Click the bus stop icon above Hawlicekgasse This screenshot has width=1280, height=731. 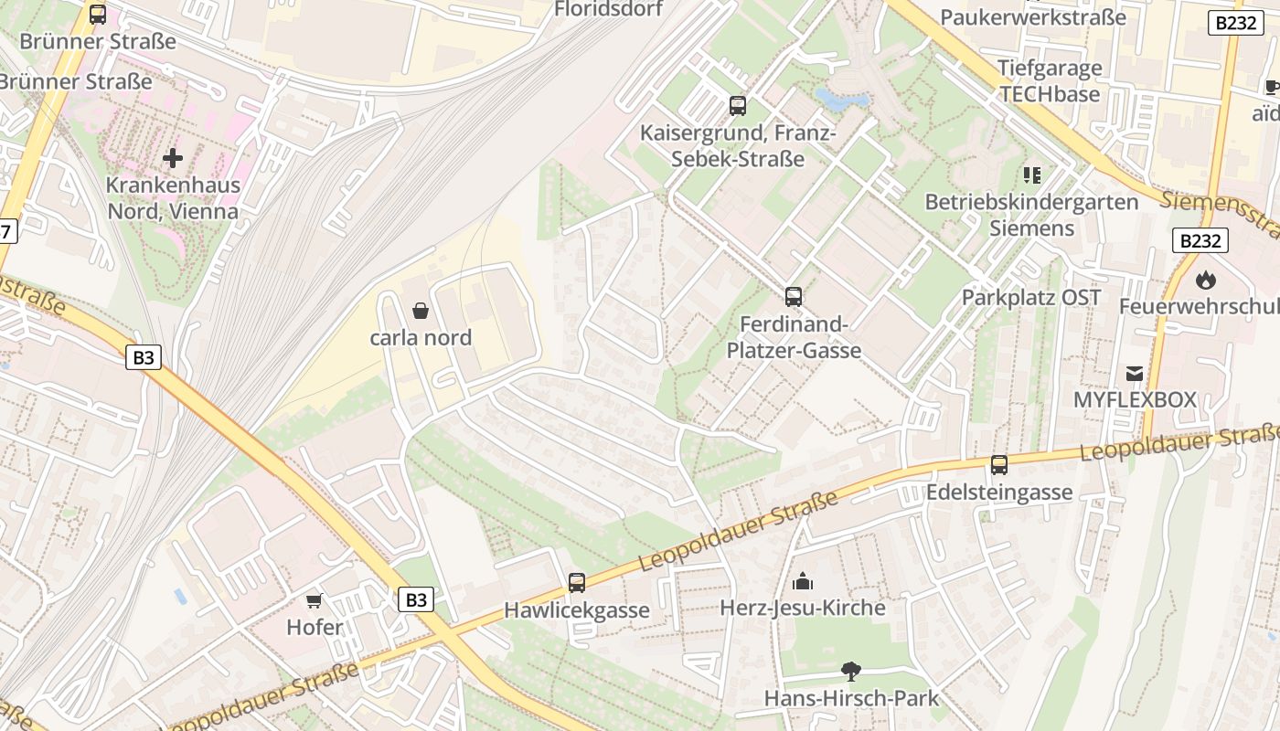coord(576,583)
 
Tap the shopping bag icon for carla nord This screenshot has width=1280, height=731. coord(421,311)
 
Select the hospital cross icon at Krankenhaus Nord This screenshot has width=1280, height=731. coord(172,158)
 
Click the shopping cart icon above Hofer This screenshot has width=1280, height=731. coord(315,600)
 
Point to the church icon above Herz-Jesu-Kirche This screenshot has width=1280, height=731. coord(803,581)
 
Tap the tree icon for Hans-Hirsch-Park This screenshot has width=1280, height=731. coord(851,672)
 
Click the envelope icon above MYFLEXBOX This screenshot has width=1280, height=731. coord(1135,373)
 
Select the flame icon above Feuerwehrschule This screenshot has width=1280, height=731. coord(1205,280)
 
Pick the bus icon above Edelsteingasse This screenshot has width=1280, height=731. coord(999,465)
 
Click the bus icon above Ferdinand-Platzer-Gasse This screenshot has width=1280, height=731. coord(794,297)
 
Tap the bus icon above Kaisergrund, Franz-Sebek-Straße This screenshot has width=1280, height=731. coord(738,106)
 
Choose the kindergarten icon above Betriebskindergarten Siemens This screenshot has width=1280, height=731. coord(1032,175)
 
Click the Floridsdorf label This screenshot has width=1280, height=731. coord(608,9)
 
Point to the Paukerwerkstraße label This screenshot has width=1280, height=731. coord(1033,17)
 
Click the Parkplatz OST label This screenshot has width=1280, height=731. coord(1031,298)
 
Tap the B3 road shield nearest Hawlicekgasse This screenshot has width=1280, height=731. coord(416,599)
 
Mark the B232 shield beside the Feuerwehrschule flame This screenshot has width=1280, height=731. coord(1200,240)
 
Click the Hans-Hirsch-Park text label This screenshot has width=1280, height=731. coord(851,699)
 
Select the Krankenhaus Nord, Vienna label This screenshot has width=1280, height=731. coord(173,198)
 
